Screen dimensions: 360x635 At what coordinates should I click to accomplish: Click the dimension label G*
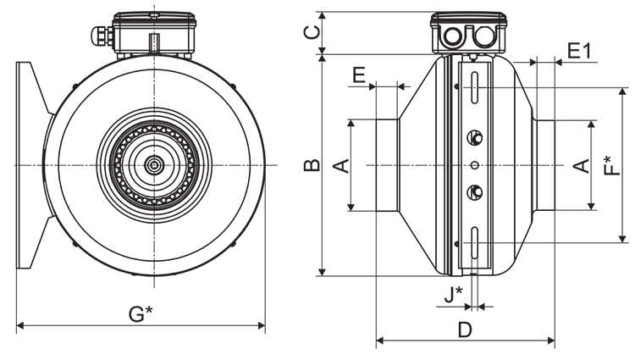[141, 313]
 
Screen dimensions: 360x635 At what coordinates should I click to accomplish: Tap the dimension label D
[465, 330]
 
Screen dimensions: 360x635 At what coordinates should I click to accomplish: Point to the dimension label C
[312, 32]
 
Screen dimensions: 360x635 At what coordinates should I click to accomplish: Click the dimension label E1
[579, 51]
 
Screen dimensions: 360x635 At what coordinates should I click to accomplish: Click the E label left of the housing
[358, 75]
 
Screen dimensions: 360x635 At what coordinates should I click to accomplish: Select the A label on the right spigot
[582, 164]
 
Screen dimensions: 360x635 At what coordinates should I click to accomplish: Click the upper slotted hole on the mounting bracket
[475, 89]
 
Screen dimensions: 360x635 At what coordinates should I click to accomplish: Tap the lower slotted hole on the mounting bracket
[475, 240]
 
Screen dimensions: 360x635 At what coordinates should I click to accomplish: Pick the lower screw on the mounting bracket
[475, 191]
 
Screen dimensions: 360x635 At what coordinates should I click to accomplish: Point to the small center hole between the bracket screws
[475, 164]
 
